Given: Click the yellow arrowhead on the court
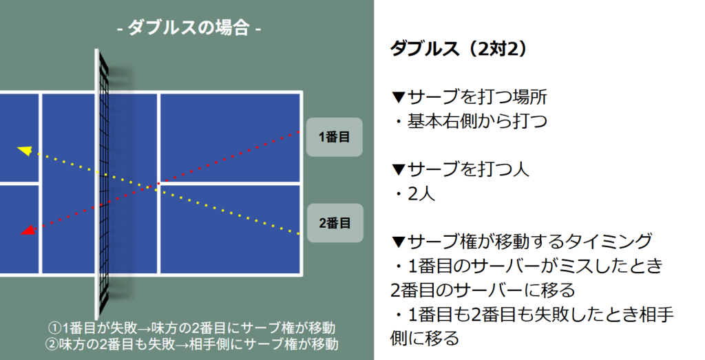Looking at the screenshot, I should point(24,150).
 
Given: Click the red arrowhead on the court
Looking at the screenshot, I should point(28,231).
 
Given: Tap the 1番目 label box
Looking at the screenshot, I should point(335,136).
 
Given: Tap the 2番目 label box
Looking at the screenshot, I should point(335,223).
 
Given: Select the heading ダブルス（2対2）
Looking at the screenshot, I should point(459,50).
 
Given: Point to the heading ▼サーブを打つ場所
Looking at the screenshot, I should point(470,96).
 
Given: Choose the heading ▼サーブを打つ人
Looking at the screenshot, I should point(460,169).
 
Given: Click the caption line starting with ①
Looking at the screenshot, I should point(196,327).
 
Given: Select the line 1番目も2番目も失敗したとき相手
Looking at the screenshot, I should point(531,314).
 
